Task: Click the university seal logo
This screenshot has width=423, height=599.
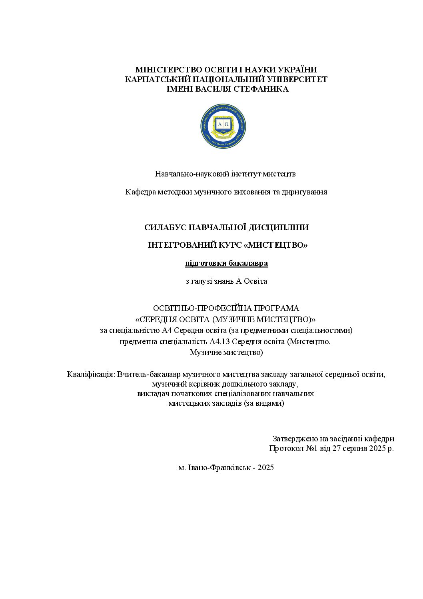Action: click(x=223, y=126)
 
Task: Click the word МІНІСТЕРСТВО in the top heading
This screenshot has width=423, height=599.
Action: click(x=166, y=70)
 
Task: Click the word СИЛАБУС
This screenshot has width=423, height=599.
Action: click(x=164, y=228)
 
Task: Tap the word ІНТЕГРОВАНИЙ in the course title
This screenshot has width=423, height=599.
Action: click(x=182, y=245)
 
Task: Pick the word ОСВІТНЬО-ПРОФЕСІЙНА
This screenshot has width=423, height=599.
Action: click(x=198, y=309)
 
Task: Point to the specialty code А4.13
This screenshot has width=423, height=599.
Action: click(x=219, y=342)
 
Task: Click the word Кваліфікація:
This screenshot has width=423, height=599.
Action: click(x=91, y=375)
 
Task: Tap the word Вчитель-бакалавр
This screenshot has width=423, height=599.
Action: click(x=148, y=375)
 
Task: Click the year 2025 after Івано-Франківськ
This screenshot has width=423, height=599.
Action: click(x=266, y=467)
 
